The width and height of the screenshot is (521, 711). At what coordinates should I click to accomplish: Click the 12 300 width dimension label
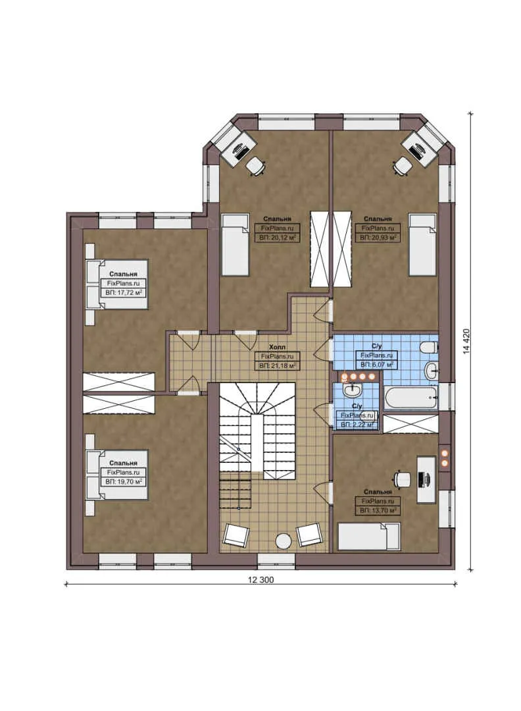pos(260,580)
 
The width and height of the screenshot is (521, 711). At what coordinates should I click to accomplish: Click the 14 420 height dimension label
pos(466,341)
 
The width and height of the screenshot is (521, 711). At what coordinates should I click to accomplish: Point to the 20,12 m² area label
pos(277,237)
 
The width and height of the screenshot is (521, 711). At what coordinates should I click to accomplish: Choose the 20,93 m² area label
pos(378,237)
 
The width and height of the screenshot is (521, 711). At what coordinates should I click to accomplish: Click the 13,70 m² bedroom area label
pos(378,510)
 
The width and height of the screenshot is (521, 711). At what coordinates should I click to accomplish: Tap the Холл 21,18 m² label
pos(277,364)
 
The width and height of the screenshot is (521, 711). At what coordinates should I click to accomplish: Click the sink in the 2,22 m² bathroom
pos(351,390)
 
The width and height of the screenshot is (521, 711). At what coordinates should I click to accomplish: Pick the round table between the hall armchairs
pos(283,540)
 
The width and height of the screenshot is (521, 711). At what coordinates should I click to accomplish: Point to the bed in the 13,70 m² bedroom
pos(368,536)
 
